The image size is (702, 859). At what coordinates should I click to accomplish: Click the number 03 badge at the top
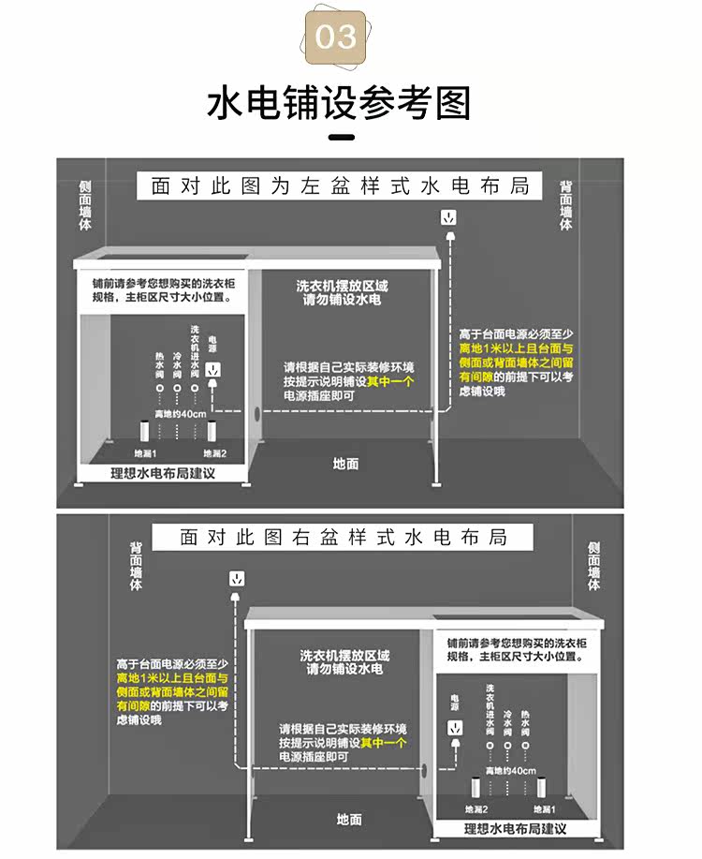(x=336, y=37)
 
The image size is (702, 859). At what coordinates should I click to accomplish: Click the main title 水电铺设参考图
(x=338, y=103)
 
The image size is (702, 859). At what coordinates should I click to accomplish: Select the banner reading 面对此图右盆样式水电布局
(x=344, y=538)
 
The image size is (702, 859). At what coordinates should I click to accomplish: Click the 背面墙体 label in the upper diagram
(x=565, y=205)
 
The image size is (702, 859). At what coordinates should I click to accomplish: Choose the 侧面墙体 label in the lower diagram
(x=593, y=566)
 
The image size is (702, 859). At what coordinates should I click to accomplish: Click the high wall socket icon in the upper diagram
(x=449, y=218)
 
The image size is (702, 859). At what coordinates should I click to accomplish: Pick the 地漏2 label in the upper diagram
(x=214, y=453)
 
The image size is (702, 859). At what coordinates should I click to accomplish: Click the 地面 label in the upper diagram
(x=346, y=463)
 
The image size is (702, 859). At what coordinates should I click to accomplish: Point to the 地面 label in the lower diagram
(x=349, y=820)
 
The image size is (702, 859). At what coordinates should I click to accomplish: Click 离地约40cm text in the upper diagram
(x=180, y=414)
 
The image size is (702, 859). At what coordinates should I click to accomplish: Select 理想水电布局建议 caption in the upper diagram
(x=163, y=473)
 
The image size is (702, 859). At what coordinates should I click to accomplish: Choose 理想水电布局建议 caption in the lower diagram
(x=516, y=829)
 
